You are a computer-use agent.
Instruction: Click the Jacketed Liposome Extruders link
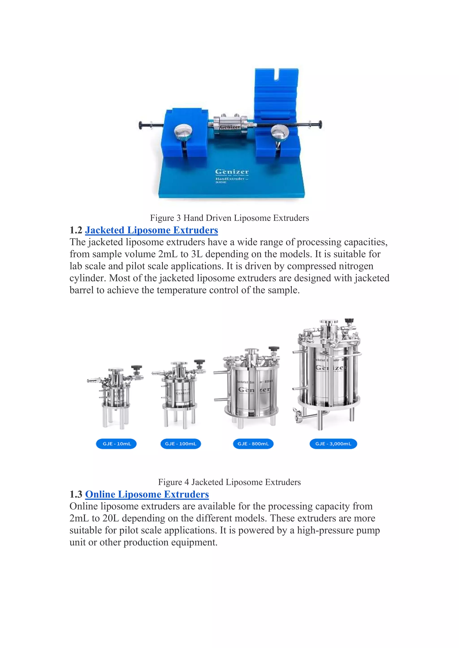[152, 230]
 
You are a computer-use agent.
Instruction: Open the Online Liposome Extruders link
[147, 494]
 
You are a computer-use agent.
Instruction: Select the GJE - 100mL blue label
[181, 444]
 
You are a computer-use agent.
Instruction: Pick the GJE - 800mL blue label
[253, 444]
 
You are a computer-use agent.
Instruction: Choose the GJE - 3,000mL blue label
[333, 444]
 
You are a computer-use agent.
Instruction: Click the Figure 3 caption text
[229, 218]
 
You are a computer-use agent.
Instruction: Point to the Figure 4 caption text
[229, 482]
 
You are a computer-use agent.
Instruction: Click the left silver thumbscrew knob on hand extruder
[183, 132]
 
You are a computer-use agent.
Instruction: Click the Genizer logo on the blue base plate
[232, 172]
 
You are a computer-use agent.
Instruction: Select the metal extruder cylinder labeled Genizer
[230, 124]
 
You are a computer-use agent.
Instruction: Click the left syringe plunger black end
[141, 125]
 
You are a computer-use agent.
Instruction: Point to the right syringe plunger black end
[320, 124]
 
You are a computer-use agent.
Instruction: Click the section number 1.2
[76, 230]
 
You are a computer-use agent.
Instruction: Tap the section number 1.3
[76, 495]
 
